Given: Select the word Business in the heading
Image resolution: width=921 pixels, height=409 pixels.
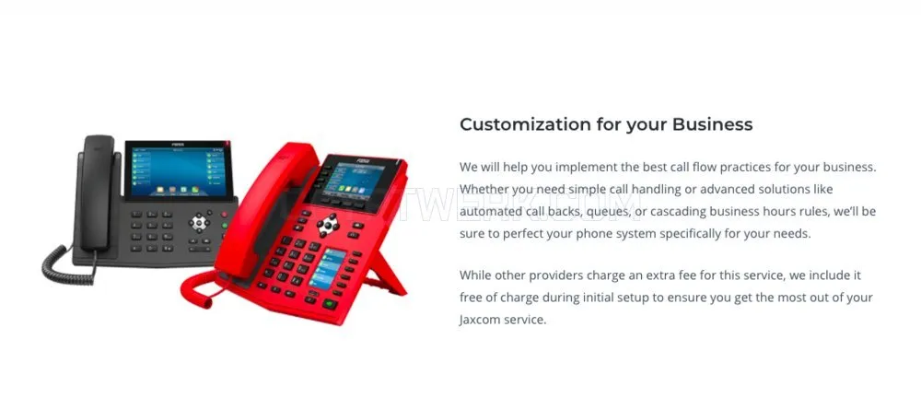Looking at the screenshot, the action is (x=713, y=124).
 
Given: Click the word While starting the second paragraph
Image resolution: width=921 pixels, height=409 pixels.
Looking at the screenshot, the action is (x=475, y=275).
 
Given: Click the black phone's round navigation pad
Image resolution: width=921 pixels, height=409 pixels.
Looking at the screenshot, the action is (x=199, y=223).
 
